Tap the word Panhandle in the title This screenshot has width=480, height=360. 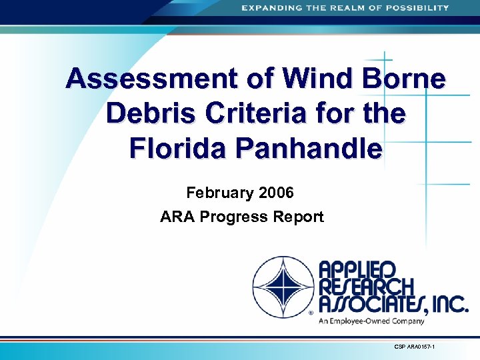click(x=317, y=148)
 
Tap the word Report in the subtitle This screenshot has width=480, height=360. click(x=299, y=217)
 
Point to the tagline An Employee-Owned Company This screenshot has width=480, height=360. click(x=371, y=321)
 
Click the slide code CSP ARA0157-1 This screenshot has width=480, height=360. click(x=413, y=347)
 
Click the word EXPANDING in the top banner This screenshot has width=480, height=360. click(x=270, y=8)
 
